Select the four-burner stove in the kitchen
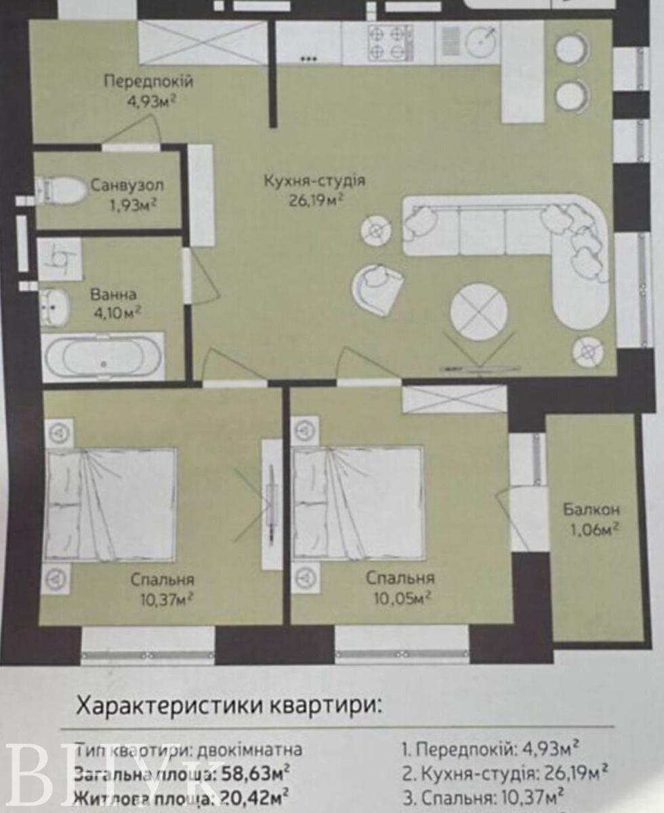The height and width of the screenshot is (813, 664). click(390, 43)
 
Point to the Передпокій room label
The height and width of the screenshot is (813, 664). click(148, 82)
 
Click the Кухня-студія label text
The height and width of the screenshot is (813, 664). click(314, 181)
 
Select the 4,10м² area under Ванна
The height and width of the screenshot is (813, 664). click(116, 313)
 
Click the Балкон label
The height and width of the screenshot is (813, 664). click(590, 509)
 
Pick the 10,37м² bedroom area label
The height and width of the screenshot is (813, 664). click(165, 599)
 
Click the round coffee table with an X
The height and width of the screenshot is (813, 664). click(479, 312)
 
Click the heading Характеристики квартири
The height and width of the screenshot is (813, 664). click(228, 705)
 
